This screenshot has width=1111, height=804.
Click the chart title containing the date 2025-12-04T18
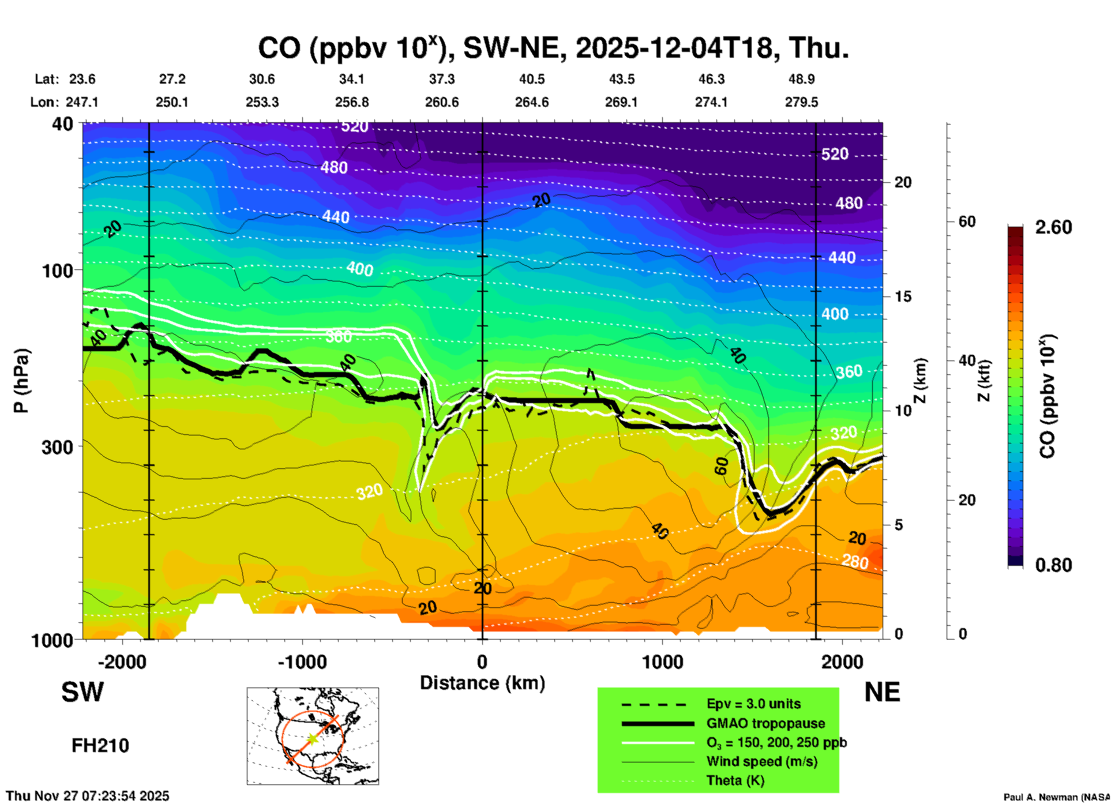(553, 48)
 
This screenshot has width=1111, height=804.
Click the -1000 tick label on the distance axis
(302, 662)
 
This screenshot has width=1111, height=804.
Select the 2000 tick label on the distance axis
(842, 662)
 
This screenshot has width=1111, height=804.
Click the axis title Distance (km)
(482, 683)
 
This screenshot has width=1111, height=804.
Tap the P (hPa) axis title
(22, 381)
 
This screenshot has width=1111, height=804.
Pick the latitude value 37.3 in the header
(442, 79)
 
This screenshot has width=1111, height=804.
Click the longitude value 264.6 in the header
(532, 102)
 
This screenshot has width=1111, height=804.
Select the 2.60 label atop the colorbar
(1053, 227)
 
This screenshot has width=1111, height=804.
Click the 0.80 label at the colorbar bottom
(1053, 565)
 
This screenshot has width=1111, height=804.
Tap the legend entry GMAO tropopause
(765, 723)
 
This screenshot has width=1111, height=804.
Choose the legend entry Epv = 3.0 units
(753, 704)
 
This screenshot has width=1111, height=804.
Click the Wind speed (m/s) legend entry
(761, 761)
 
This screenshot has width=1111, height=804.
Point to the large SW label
(82, 692)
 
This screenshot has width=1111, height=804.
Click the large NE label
(882, 692)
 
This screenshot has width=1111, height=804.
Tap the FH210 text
(100, 746)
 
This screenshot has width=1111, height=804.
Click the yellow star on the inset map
(312, 739)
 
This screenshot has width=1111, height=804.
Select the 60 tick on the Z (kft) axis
(967, 221)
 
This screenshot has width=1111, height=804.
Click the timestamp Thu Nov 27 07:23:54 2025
(88, 796)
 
